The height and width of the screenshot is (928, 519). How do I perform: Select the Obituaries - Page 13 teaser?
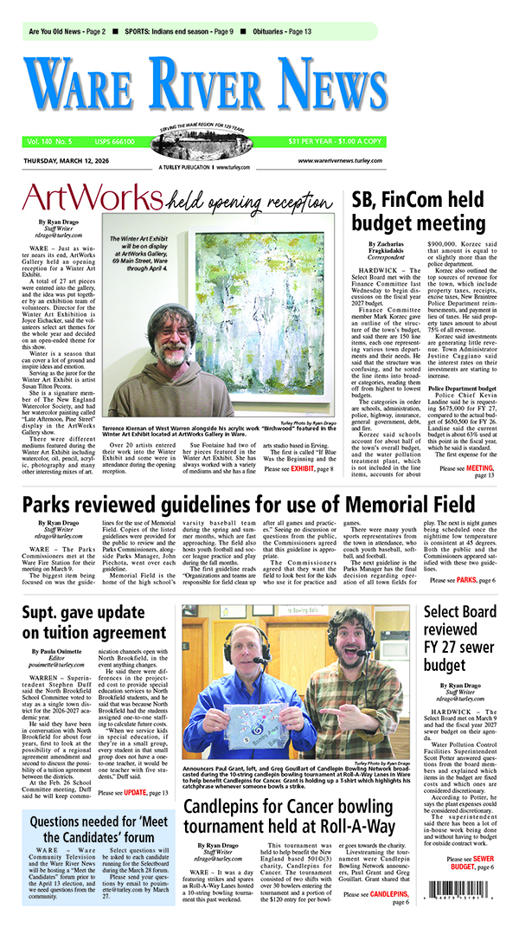277,31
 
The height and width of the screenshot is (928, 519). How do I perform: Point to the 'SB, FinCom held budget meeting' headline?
429,211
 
